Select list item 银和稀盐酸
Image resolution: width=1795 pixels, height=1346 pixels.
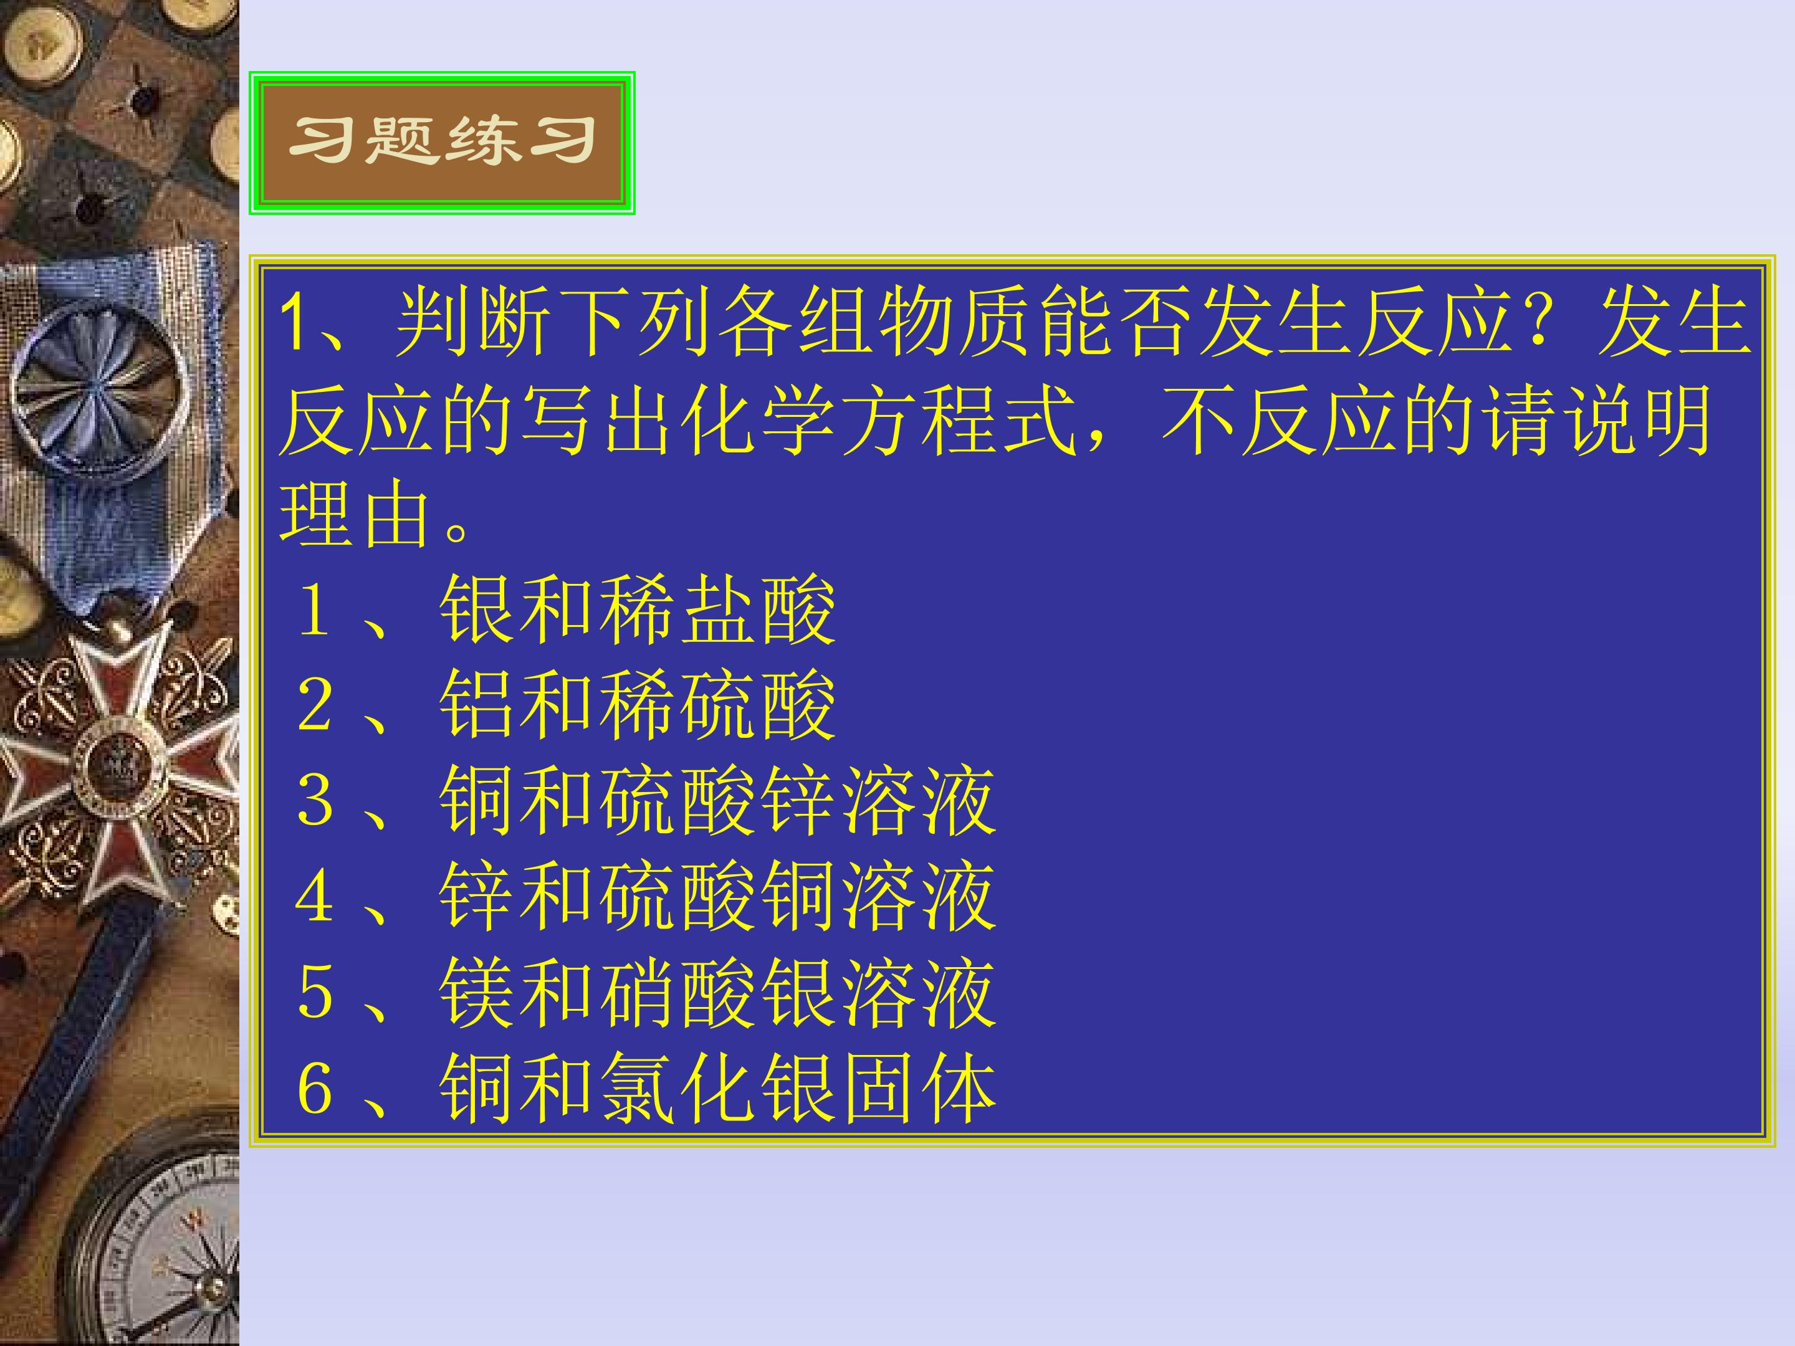click(637, 610)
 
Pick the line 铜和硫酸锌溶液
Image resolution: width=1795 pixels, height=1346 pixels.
click(717, 801)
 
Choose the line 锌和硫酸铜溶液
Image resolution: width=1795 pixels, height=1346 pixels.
click(717, 897)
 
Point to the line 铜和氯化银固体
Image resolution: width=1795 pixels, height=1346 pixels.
click(717, 1089)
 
